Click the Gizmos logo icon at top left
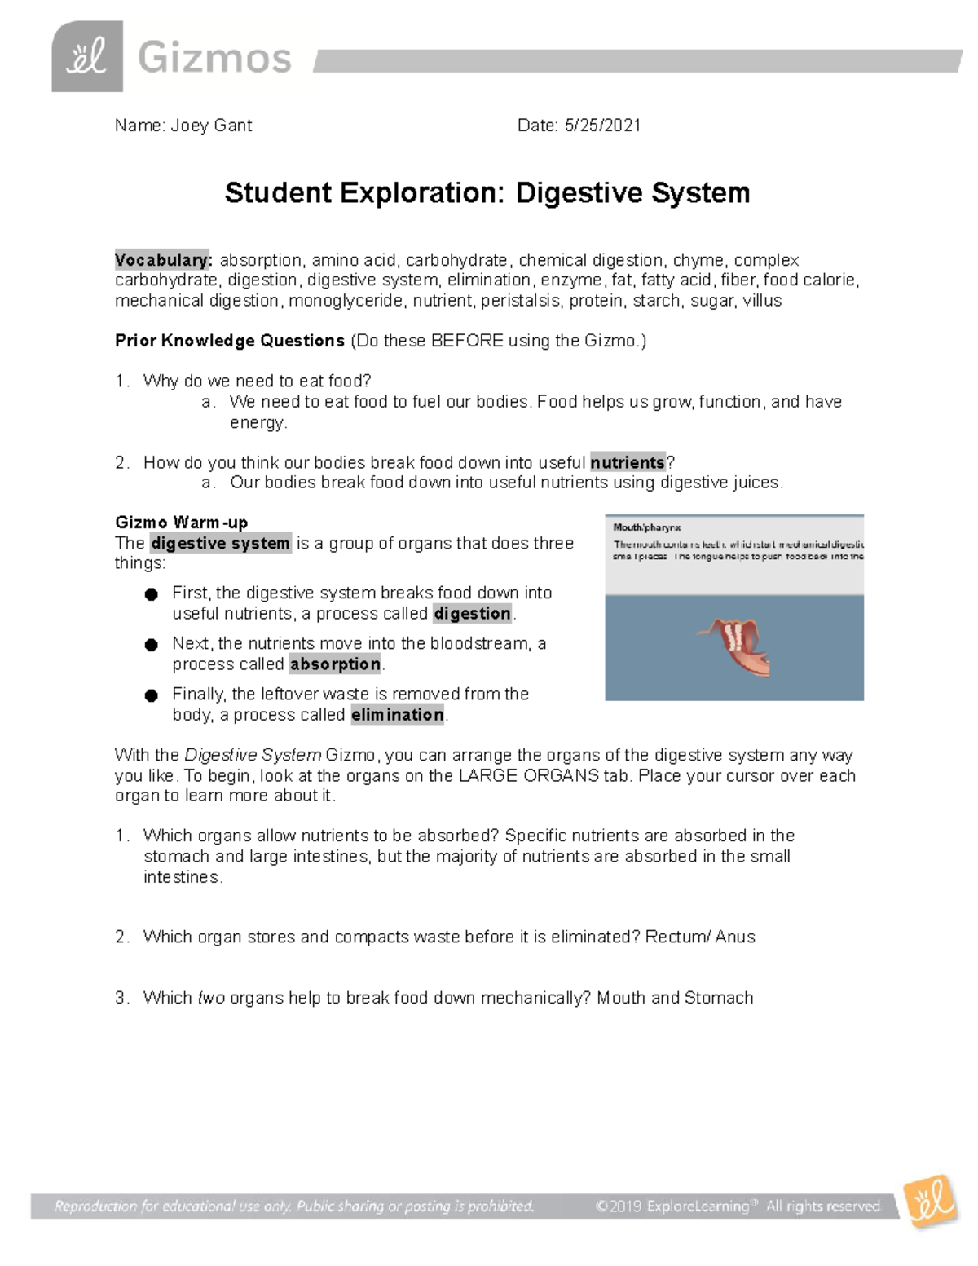87,57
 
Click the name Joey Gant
211,126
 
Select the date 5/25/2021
602,126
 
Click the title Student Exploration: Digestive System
487,193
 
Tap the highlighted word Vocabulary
163,260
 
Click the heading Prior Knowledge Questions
230,341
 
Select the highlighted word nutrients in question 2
628,463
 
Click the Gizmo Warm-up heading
182,523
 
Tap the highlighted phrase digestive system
221,544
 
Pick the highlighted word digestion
473,614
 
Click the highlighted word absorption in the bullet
335,664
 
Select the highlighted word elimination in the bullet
398,715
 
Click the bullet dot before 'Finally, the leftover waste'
151,695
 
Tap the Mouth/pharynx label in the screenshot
648,528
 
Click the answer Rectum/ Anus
700,937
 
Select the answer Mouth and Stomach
675,999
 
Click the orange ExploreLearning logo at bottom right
928,1202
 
